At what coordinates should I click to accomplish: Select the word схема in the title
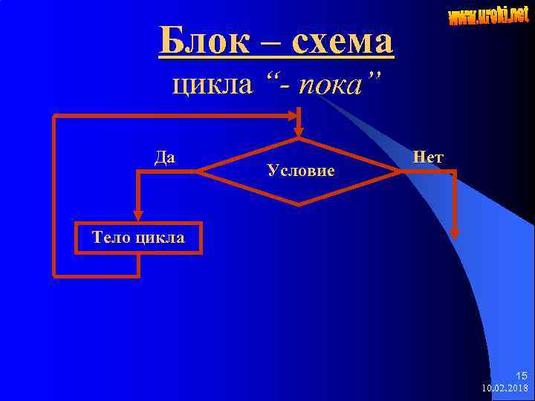pos(343,42)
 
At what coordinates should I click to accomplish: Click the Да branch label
pos(165,157)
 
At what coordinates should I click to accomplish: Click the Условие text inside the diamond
pos(300,171)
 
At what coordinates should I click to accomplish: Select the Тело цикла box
pos(138,238)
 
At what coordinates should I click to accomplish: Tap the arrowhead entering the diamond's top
pos(299,132)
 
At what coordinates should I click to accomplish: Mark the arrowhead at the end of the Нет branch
pos(455,232)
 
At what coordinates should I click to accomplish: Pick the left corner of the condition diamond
pos(198,172)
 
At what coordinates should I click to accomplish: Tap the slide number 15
pos(521,376)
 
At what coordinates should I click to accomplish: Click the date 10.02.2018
pos(505,388)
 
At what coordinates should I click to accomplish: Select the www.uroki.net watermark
pos(488,15)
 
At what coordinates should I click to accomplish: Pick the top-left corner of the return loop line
pos(55,116)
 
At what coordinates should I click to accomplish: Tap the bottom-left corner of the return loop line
pos(55,276)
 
